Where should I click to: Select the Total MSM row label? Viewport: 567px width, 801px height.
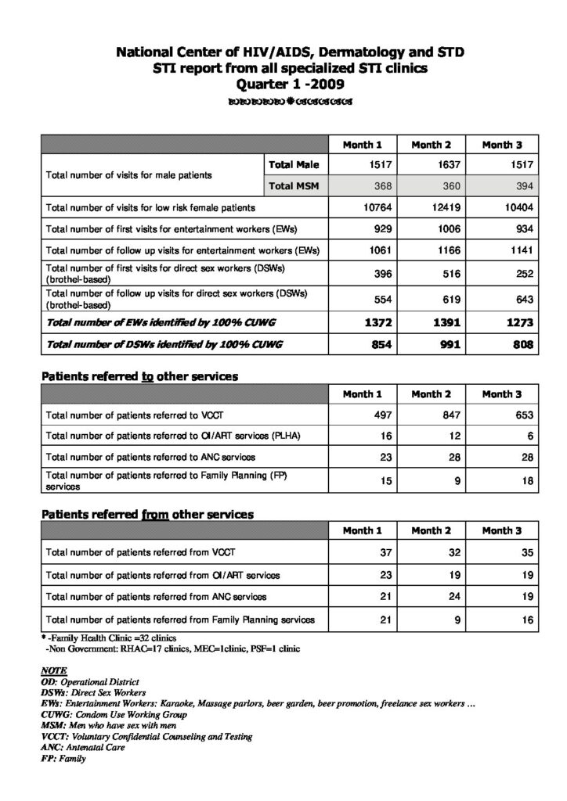(293, 185)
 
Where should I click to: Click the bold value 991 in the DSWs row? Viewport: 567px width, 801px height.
(446, 345)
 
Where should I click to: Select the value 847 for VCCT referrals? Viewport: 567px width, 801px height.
(449, 415)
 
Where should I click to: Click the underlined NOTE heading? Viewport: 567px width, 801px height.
(53, 672)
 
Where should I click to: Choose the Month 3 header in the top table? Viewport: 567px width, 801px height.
(502, 145)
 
